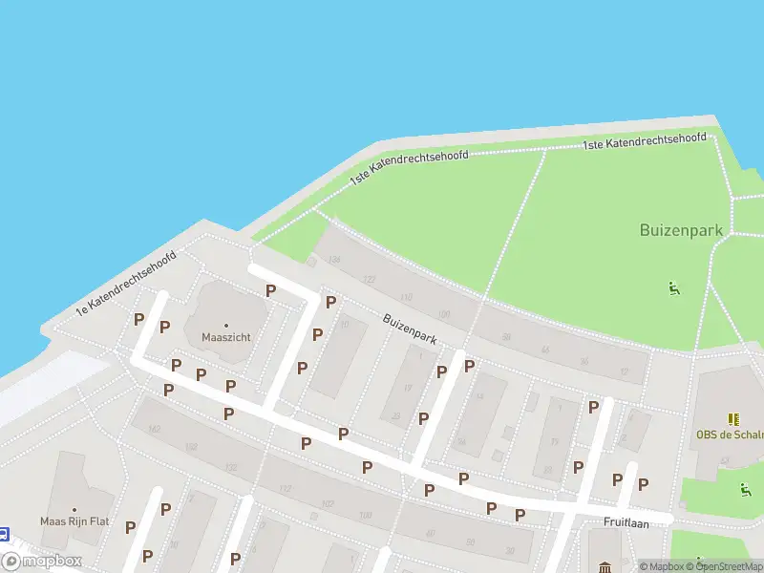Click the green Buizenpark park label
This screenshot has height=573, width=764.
pos(682,230)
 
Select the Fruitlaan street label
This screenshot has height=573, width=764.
pos(626,522)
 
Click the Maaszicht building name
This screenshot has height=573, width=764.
pos(225,337)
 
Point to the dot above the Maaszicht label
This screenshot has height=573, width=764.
pos(226,325)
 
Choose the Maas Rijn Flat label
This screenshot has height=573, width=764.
pos(75,521)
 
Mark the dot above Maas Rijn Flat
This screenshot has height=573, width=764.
pos(74,509)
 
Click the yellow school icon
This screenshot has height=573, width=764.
pos(732,418)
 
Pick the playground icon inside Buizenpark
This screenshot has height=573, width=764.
pos(674,286)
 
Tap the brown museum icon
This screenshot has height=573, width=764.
pos(605,568)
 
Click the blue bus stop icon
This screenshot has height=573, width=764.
pos(4,535)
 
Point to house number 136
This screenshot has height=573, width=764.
pos(333,259)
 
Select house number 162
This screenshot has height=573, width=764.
pos(155,430)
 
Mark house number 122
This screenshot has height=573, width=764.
pos(370,279)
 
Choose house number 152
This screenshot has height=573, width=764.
pos(192,447)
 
